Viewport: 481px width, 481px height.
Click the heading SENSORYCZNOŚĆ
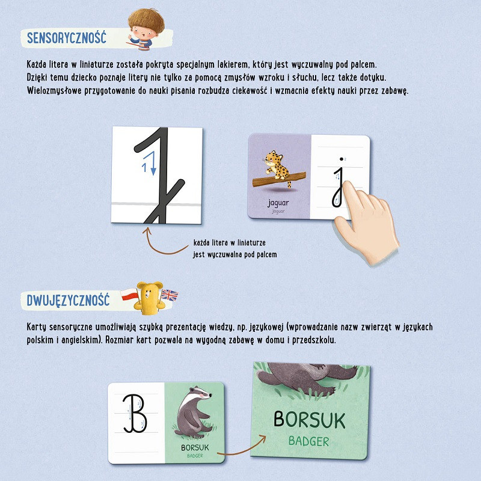[x=67, y=38]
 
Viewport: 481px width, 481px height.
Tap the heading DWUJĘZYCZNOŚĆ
[x=68, y=299]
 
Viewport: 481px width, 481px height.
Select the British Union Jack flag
[x=170, y=295]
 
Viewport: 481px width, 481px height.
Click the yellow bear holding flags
[x=149, y=298]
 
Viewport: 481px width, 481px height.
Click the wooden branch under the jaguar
[x=279, y=180]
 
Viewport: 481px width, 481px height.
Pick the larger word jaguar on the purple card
[x=278, y=203]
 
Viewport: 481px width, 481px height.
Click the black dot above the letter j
[x=342, y=159]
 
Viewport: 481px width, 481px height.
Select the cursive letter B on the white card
[x=135, y=413]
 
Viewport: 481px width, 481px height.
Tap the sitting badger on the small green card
[x=194, y=411]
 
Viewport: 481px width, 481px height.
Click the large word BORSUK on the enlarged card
[x=309, y=419]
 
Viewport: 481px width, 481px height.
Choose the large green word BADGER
[x=309, y=441]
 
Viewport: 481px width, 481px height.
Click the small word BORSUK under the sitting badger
[x=195, y=447]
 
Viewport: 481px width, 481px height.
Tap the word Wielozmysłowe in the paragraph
[x=54, y=91]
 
